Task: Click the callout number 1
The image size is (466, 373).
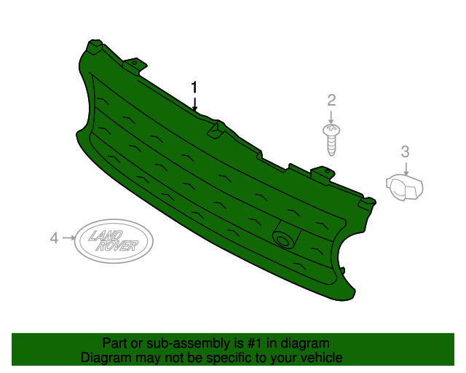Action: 194,87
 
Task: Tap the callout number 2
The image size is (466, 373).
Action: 331,100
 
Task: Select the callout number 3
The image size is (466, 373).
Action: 406,152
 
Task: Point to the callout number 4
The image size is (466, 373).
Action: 53,237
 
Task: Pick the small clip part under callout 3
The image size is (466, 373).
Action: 405,188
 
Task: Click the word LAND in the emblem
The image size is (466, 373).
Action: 106,235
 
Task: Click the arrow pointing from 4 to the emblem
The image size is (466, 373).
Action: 68,237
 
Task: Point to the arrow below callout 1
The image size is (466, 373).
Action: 194,103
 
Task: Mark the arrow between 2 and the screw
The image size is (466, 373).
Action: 331,116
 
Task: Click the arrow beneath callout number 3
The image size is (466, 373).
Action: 406,168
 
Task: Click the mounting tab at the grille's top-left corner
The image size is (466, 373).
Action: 93,47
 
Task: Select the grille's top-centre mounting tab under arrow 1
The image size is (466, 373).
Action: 215,129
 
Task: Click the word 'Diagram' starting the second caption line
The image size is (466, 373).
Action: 104,358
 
